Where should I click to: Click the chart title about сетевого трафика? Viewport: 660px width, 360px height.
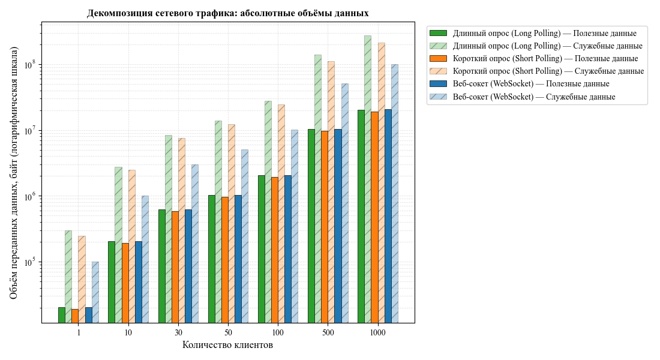coord(227,13)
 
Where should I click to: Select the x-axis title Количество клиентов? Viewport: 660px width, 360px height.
coord(227,345)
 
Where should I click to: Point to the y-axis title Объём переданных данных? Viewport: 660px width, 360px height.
coord(13,173)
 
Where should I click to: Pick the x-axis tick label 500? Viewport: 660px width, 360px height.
coord(328,332)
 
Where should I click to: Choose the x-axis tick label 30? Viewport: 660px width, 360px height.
coord(178,332)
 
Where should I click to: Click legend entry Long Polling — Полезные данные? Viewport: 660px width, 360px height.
coord(532,33)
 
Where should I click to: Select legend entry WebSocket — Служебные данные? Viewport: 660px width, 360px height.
coord(522,97)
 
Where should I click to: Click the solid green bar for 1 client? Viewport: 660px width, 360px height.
coord(62,315)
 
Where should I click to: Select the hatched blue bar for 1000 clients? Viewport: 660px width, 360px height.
coord(395,194)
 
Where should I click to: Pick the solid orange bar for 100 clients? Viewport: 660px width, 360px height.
coord(275,250)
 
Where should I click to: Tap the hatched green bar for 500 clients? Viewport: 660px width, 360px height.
coord(318,188)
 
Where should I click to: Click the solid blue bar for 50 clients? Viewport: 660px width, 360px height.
coord(238,259)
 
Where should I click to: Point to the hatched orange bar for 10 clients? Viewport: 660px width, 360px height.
coord(132,247)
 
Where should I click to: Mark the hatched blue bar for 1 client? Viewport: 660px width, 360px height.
coord(95,292)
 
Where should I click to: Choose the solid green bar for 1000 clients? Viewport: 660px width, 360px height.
coord(361,217)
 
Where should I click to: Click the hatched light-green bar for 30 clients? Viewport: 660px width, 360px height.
coord(169,229)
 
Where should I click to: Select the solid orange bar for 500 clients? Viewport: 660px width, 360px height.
coord(325,227)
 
